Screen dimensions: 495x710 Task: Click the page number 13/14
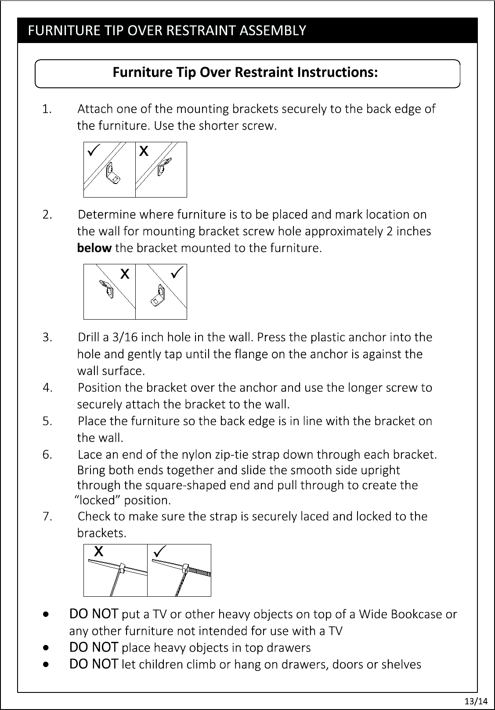(476, 701)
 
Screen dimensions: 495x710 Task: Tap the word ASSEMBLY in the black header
(273, 30)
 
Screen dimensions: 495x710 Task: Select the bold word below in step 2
(94, 248)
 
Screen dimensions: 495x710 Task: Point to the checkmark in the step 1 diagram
(94, 150)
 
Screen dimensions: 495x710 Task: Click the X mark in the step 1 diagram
(144, 151)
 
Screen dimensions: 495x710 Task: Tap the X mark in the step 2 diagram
(125, 274)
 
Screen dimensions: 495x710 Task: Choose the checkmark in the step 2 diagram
(177, 272)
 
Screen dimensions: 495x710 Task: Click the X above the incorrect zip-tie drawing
(99, 551)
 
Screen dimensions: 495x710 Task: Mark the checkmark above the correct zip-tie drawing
(159, 551)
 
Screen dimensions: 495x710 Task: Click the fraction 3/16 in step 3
(125, 337)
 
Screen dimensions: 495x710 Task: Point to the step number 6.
(47, 455)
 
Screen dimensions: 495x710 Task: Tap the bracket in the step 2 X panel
(107, 289)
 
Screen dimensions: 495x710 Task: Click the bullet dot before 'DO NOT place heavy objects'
(46, 648)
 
